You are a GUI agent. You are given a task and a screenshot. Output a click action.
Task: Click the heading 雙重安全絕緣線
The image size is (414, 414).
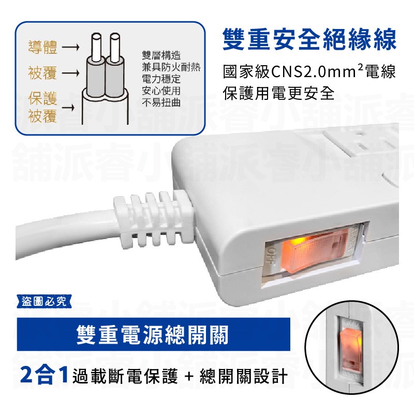point(309,40)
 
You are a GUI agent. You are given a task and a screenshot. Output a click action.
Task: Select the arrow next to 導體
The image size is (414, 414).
point(70,49)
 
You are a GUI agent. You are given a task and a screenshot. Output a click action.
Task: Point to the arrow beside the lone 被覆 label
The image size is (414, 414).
point(70,73)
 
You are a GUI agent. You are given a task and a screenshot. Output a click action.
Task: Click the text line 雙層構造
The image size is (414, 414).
point(161,55)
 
